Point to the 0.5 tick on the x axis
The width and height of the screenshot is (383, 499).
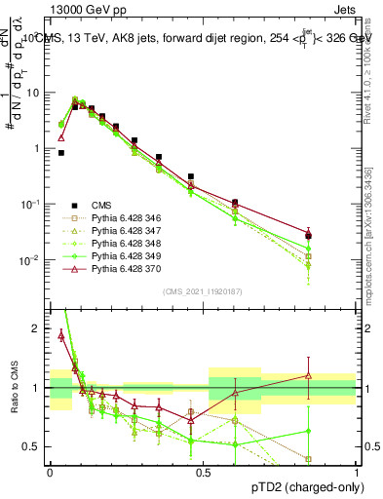pyautogui.click(x=203, y=471)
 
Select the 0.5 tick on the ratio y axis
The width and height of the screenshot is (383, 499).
pyautogui.click(x=37, y=446)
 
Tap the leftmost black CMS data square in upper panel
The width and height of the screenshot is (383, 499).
pyautogui.click(x=60, y=153)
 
